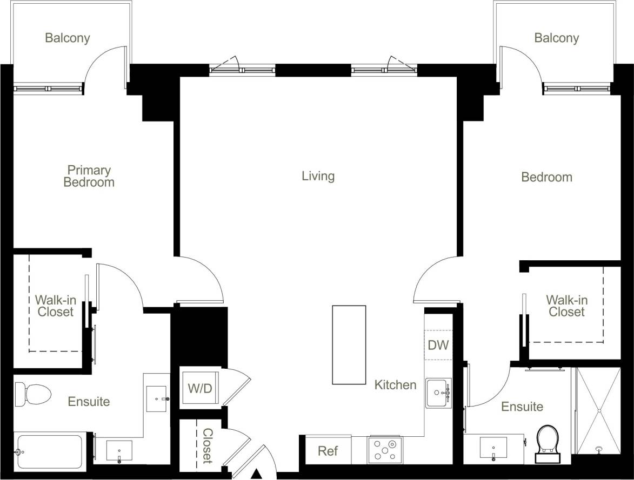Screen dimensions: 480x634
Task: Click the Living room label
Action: pyautogui.click(x=318, y=176)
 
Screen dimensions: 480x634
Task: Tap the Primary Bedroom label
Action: pyautogui.click(x=89, y=177)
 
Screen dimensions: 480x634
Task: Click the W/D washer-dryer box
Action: pyautogui.click(x=199, y=388)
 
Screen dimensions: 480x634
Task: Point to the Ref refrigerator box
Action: pyautogui.click(x=328, y=451)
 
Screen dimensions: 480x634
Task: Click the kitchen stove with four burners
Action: pyautogui.click(x=385, y=450)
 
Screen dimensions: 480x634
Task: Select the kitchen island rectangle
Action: pyautogui.click(x=349, y=344)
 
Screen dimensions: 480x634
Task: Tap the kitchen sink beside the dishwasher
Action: pyautogui.click(x=438, y=393)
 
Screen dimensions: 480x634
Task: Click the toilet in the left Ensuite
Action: pyautogui.click(x=32, y=395)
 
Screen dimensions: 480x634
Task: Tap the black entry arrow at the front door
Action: pyautogui.click(x=257, y=474)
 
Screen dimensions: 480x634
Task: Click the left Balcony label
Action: pyautogui.click(x=67, y=38)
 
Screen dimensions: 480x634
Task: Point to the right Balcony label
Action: pyautogui.click(x=556, y=38)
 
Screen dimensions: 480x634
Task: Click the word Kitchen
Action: pyautogui.click(x=396, y=385)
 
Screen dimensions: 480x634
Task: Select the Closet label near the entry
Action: pyautogui.click(x=207, y=446)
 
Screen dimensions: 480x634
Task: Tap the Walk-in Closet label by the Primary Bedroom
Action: pyautogui.click(x=54, y=306)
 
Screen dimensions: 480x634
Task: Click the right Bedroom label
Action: pyautogui.click(x=546, y=177)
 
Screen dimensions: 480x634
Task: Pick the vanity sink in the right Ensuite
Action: pyautogui.click(x=493, y=448)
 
